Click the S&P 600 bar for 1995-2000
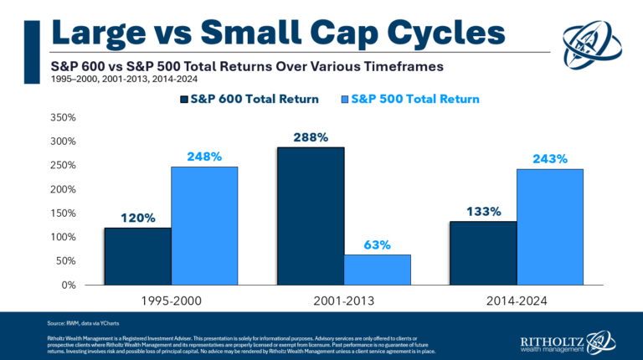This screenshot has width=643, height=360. tap(137, 256)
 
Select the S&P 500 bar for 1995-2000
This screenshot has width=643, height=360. tap(204, 226)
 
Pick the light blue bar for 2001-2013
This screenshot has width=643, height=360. tap(378, 270)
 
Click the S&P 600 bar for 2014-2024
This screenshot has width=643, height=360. tap(483, 253)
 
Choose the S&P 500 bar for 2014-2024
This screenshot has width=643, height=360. tap(550, 227)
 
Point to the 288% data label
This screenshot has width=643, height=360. tap(311, 137)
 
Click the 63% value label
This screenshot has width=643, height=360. tap(378, 245)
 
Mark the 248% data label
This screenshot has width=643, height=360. tap(204, 157)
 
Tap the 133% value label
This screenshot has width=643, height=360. tap(483, 212)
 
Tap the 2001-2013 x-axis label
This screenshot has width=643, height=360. tap(344, 299)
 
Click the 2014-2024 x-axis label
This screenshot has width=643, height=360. tap(517, 299)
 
